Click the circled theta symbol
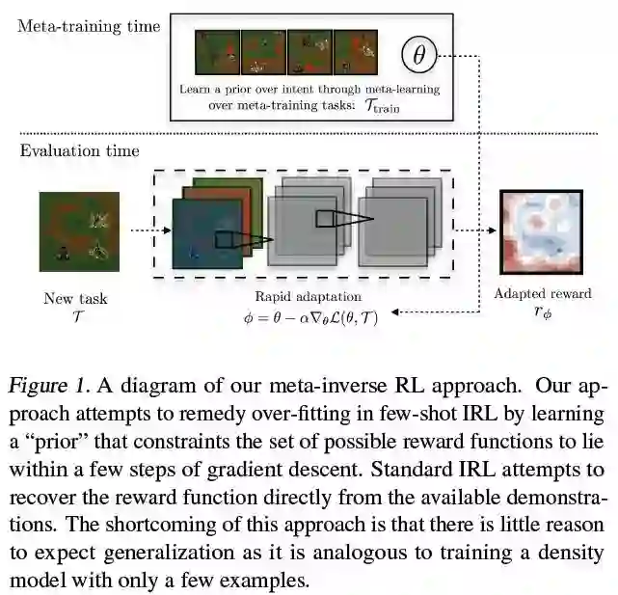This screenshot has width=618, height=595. pyautogui.click(x=418, y=54)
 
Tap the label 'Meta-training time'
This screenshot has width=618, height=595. pyautogui.click(x=89, y=27)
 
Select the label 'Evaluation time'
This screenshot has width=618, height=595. pyautogui.click(x=79, y=150)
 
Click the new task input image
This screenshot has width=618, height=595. pyautogui.click(x=79, y=231)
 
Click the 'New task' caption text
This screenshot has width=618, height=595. pyautogui.click(x=75, y=298)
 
